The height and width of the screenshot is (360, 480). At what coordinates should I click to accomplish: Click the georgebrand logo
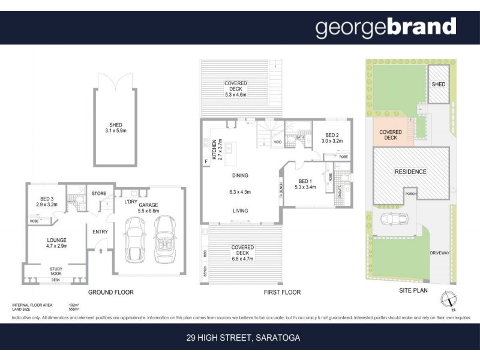386,28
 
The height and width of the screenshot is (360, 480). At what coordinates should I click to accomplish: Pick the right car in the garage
164,238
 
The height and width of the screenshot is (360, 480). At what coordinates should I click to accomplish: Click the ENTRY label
100,232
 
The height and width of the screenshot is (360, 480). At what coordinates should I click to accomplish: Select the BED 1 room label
305,180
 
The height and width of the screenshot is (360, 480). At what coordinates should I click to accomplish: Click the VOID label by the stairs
277,142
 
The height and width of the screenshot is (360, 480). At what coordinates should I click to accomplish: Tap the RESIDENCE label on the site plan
410,172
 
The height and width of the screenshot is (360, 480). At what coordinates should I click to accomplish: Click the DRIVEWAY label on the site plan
439,253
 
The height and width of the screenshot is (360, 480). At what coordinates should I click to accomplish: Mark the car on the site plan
394,221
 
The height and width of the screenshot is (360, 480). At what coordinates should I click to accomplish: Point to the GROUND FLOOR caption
111,293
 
